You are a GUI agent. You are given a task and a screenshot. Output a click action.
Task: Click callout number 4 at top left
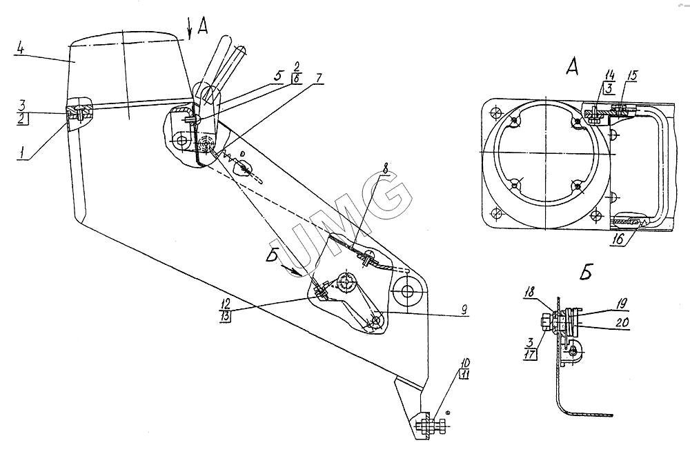tap(20, 48)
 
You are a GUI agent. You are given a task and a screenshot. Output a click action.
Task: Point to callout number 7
tap(318, 78)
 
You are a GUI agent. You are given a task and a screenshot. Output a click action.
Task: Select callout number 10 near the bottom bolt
tap(464, 364)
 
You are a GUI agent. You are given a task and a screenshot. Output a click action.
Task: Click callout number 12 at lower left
tap(226, 304)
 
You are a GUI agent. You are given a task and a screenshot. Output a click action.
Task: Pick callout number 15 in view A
tap(632, 76)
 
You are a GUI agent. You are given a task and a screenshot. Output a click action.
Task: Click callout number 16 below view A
tap(618, 239)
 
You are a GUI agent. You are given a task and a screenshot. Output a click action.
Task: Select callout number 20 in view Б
tap(622, 322)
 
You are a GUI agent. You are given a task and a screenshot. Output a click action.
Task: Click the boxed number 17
tap(530, 353)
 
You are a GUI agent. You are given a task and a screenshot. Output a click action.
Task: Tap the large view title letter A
tap(572, 67)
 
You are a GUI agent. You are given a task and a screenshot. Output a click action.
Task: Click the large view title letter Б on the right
tap(585, 273)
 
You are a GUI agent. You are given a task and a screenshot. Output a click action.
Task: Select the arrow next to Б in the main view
tap(291, 269)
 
